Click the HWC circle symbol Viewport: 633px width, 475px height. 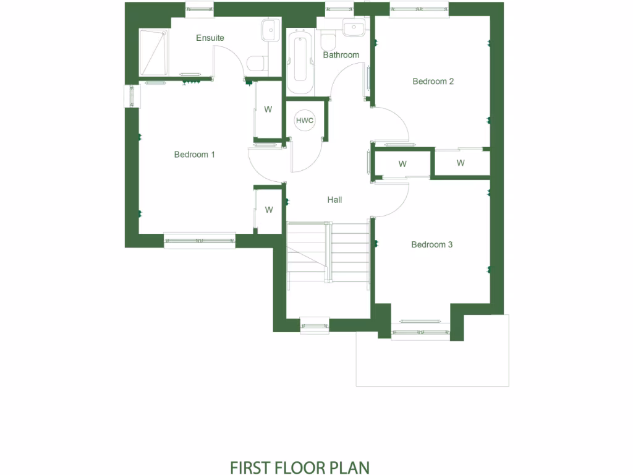pyautogui.click(x=305, y=121)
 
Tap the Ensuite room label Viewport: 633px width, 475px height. pyautogui.click(x=210, y=38)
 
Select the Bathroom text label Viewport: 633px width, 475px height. pyautogui.click(x=341, y=55)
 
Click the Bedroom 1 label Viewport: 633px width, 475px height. pyautogui.click(x=194, y=155)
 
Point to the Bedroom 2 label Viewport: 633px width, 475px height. pyautogui.click(x=433, y=81)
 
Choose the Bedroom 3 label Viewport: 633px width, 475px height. pyautogui.click(x=432, y=245)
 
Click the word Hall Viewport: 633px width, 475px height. pyautogui.click(x=334, y=200)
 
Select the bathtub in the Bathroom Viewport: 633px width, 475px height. pyautogui.click(x=300, y=64)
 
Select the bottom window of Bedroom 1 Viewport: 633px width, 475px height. pyautogui.click(x=200, y=240)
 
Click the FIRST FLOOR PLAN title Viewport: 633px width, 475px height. pyautogui.click(x=300, y=466)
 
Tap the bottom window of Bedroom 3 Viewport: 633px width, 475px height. pyautogui.click(x=421, y=332)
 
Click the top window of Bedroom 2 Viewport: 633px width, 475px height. pyautogui.click(x=418, y=9)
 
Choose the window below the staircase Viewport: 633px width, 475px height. pyautogui.click(x=315, y=325)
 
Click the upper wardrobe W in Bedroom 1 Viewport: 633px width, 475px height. pyautogui.click(x=268, y=110)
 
